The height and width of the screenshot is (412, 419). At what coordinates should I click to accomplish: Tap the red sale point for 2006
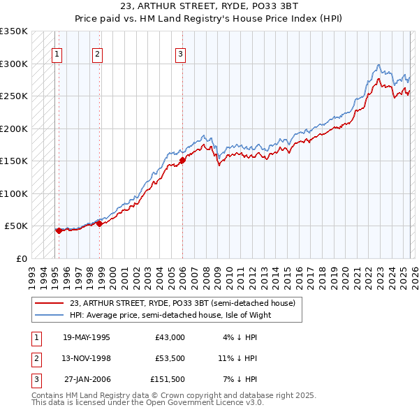[182, 160]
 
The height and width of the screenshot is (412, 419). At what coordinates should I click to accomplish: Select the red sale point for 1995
[59, 230]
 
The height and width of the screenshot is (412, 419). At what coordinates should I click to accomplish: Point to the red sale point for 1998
[99, 223]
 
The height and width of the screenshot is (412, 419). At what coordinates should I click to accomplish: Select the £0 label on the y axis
[22, 258]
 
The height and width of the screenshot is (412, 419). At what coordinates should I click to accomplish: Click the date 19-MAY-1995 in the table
[86, 337]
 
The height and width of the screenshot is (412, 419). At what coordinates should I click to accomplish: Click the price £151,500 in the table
[167, 379]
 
